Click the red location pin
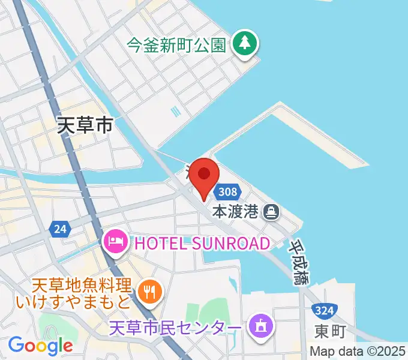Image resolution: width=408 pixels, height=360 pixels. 205,175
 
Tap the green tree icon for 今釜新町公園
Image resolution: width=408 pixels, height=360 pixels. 245,43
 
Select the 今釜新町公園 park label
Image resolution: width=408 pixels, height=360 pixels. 176,44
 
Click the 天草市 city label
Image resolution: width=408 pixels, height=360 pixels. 85,125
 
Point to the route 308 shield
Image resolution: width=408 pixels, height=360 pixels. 228,192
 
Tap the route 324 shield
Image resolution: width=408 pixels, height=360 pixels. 324,311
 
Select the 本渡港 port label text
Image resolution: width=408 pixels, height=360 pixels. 236,212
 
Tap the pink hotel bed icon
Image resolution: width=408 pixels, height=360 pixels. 114,242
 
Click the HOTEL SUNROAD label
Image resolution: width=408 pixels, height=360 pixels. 202,243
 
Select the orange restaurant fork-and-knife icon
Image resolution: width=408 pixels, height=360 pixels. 147,292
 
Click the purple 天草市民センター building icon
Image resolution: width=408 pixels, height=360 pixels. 260,326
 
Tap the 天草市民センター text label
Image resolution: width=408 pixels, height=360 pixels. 176,328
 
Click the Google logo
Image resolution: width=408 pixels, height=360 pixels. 40,345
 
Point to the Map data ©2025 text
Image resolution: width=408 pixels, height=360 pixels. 358,352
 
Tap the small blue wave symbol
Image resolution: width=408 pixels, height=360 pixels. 175,111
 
